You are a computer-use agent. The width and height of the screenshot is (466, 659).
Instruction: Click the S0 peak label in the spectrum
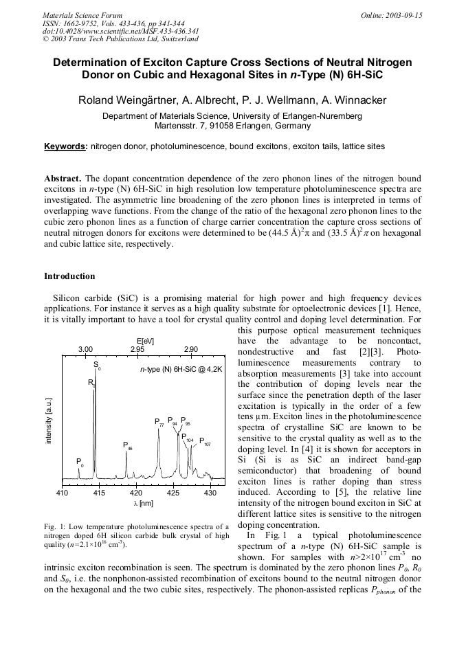97,366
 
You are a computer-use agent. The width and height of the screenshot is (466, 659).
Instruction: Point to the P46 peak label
127,446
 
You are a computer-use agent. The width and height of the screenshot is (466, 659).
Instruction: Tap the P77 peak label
159,422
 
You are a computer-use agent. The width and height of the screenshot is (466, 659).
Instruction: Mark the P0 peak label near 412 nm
80,462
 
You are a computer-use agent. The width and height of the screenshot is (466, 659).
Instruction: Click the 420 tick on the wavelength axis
136,493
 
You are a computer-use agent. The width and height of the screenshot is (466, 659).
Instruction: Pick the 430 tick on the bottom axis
210,493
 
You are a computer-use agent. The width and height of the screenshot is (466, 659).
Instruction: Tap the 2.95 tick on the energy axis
137,350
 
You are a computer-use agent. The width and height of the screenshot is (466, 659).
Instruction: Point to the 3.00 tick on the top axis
85,350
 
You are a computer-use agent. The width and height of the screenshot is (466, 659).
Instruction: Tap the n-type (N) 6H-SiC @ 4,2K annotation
181,370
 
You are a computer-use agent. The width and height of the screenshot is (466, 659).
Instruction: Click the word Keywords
65,146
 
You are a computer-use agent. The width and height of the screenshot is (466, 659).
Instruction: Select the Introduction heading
69,276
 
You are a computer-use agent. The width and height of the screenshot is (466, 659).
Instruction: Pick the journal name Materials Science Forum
82,15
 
